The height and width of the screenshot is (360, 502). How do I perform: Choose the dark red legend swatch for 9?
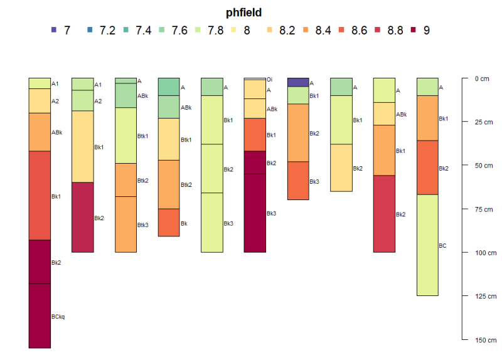click(414, 30)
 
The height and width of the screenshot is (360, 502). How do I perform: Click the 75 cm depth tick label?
click(481, 209)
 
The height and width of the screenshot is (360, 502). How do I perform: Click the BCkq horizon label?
click(58, 317)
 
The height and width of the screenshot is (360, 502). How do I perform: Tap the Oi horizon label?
click(269, 80)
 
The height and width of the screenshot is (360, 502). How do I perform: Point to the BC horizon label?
click(442, 246)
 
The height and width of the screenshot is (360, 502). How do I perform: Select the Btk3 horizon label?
click(143, 225)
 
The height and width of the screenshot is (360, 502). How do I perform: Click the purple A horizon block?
click(298, 82)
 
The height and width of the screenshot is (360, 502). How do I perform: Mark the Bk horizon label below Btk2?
click(184, 223)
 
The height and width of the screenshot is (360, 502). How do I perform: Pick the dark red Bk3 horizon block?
click(255, 213)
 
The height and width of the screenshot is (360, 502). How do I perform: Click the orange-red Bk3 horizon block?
click(298, 181)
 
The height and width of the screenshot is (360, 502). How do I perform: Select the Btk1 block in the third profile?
click(125, 135)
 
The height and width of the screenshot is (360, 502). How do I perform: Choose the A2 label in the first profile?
click(55, 101)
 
